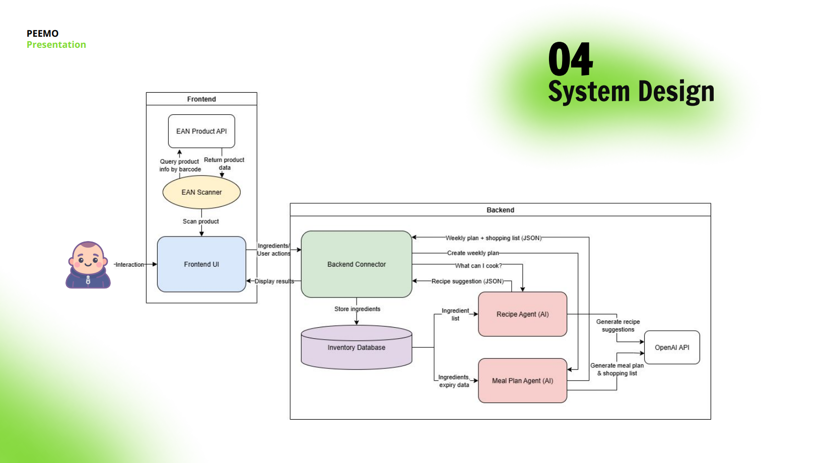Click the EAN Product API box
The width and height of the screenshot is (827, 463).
click(201, 131)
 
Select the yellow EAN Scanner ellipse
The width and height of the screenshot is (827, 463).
click(201, 192)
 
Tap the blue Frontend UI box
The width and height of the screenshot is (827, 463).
click(201, 264)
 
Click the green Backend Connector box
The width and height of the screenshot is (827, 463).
click(356, 264)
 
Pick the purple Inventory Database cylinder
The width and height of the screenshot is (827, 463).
click(356, 347)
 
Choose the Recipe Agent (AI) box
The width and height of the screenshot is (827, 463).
click(522, 314)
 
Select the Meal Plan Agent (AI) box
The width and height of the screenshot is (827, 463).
click(522, 380)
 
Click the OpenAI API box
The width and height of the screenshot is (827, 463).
click(672, 347)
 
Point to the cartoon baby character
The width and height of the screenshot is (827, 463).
click(88, 265)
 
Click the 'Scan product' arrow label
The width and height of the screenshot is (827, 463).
click(201, 221)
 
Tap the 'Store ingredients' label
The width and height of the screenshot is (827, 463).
click(358, 309)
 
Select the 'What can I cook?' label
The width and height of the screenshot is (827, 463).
click(478, 266)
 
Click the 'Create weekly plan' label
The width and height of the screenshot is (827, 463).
click(473, 253)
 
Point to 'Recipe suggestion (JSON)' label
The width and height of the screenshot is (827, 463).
click(467, 281)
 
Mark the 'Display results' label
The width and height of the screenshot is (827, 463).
click(274, 281)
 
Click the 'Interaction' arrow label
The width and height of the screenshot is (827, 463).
click(129, 265)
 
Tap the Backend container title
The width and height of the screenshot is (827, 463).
click(500, 210)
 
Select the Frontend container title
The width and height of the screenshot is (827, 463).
click(201, 99)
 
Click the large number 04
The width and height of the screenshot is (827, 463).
click(571, 59)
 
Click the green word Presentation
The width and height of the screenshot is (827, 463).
click(56, 45)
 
